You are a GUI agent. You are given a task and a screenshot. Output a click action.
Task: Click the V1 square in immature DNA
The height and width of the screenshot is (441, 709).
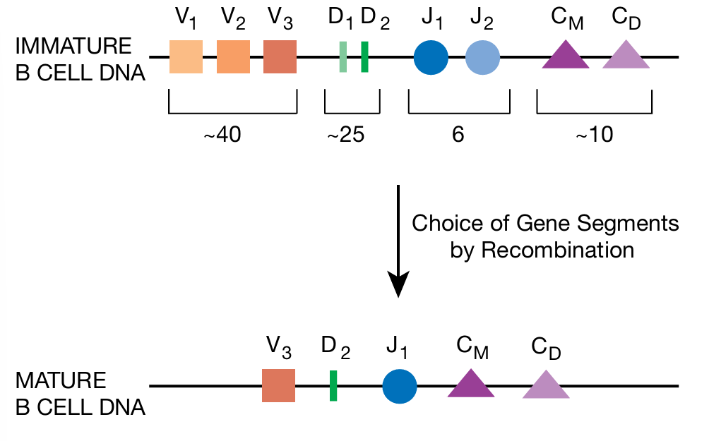click(186, 56)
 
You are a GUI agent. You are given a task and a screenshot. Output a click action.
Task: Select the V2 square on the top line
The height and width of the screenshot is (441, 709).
click(233, 56)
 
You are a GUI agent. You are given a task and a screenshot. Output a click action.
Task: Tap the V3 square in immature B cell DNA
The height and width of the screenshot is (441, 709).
click(280, 56)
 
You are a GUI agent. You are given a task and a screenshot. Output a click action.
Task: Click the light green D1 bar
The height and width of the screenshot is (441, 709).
click(342, 56)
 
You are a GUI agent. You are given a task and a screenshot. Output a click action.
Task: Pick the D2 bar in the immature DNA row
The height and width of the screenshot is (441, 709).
click(364, 56)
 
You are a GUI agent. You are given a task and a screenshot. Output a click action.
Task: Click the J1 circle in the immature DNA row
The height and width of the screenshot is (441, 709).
click(431, 56)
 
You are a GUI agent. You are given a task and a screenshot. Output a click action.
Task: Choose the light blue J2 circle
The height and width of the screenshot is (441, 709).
click(483, 56)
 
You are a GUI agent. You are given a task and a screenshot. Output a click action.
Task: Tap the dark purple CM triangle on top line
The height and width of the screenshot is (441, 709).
click(566, 56)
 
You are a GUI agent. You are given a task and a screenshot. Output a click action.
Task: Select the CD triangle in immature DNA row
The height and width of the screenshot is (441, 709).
click(626, 56)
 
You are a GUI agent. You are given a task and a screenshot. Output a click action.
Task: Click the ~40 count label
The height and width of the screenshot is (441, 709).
click(222, 135)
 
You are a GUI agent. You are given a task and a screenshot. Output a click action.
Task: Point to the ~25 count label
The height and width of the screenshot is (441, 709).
click(345, 135)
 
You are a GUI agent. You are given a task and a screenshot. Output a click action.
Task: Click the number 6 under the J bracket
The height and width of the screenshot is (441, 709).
click(458, 135)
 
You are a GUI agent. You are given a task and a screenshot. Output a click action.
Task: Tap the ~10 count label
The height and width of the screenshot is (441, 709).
click(593, 135)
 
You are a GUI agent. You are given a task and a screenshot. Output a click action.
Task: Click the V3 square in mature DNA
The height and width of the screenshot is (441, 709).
click(278, 385)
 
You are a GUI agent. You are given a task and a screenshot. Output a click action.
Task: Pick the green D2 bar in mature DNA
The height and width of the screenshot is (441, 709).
click(333, 385)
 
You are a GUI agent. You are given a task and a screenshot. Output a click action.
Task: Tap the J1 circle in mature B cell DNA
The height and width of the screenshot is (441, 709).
click(400, 386)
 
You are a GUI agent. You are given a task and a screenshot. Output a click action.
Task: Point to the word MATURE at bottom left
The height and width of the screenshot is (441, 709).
click(61, 382)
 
